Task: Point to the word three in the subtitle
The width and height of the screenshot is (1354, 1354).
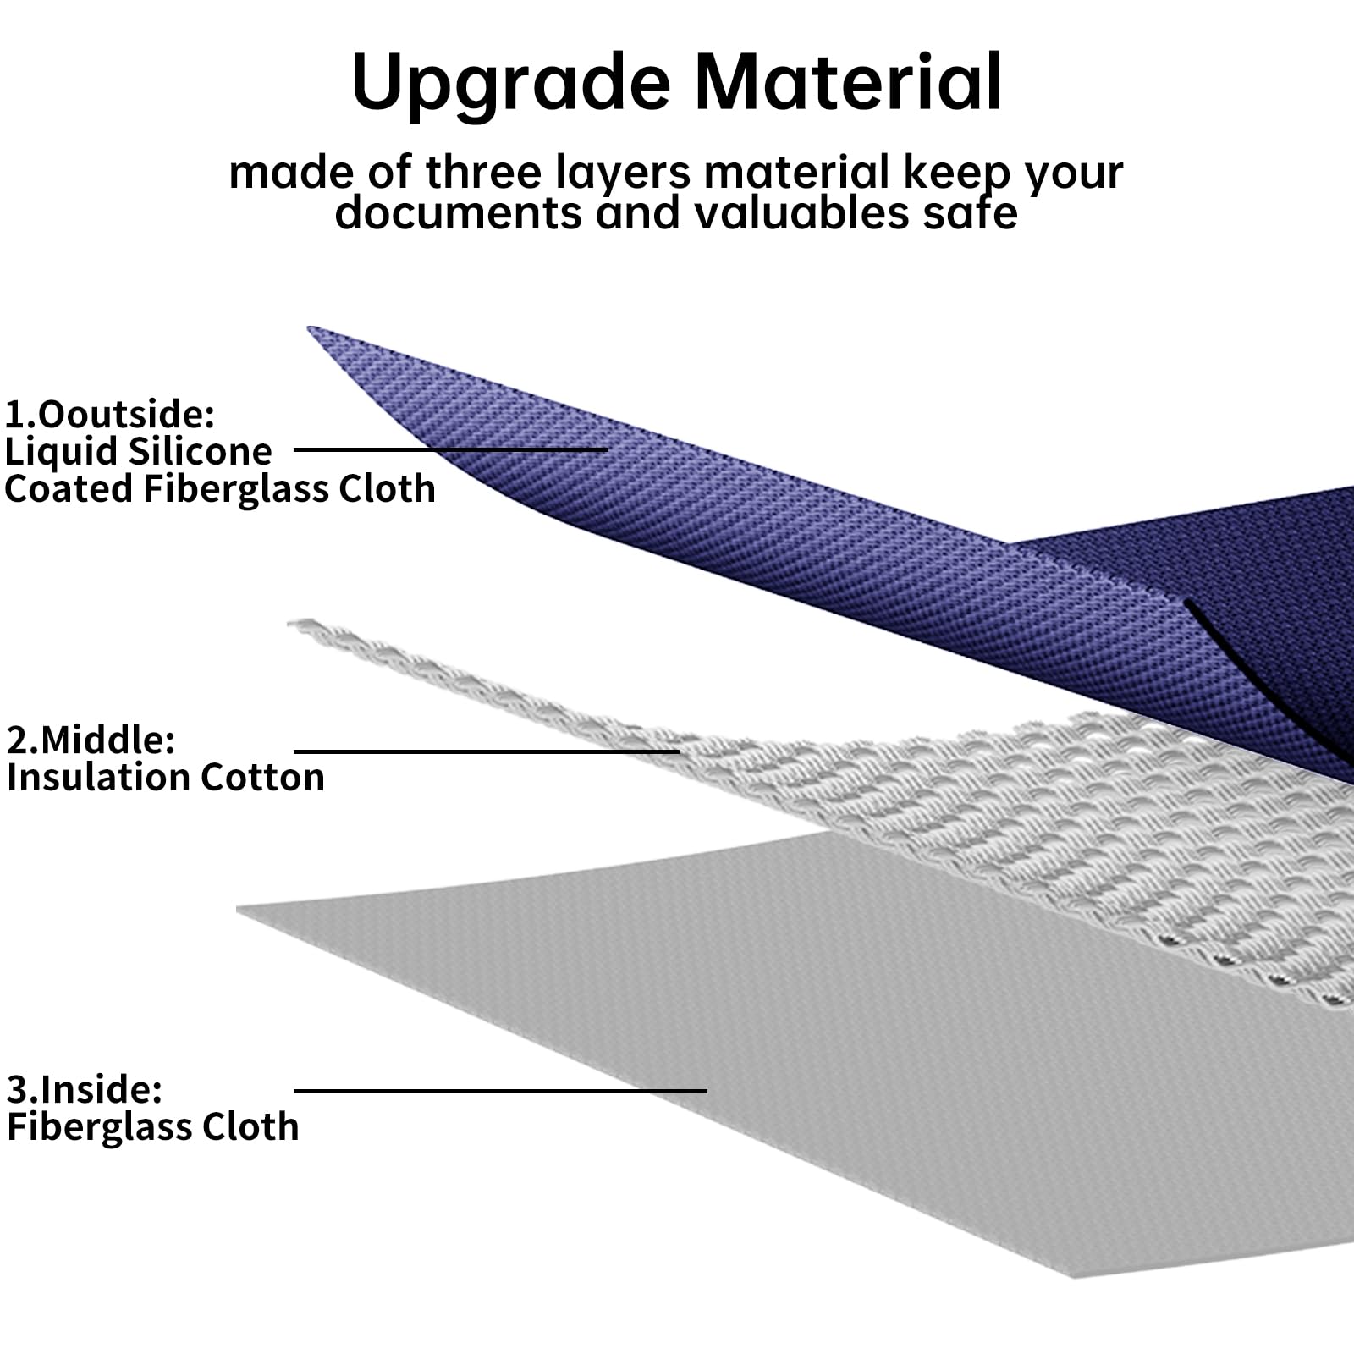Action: (482, 172)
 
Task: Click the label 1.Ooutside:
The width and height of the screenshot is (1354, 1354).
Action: (110, 415)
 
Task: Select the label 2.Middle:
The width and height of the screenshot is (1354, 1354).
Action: (91, 740)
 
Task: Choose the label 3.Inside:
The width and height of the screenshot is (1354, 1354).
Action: (84, 1089)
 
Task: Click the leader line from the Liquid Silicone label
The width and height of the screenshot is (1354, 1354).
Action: (451, 450)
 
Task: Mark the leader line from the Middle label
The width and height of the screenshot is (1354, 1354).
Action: (487, 751)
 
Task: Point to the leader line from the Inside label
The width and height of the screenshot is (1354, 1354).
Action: (500, 1091)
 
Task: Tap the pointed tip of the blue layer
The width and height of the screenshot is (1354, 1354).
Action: (310, 328)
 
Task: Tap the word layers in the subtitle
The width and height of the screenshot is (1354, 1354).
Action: (624, 173)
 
